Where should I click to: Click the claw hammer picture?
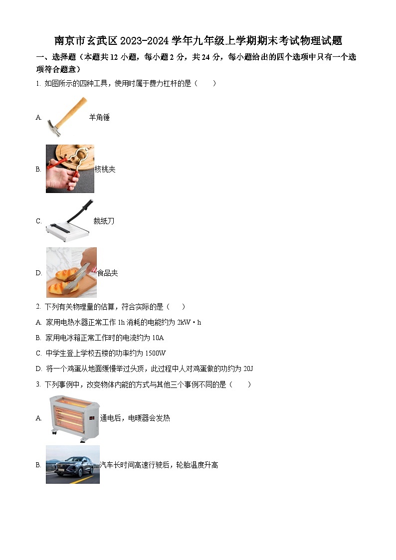(x=66, y=117)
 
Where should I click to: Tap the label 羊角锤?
(x=99, y=118)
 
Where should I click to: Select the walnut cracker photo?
(x=70, y=169)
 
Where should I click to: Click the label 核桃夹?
(x=105, y=170)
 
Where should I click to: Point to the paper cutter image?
(x=69, y=221)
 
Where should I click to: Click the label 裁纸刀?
(x=104, y=221)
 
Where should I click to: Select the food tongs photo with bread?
(x=71, y=272)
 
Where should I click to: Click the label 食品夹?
(x=107, y=273)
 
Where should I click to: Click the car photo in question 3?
(x=72, y=465)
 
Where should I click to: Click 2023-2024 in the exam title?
(x=145, y=41)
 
